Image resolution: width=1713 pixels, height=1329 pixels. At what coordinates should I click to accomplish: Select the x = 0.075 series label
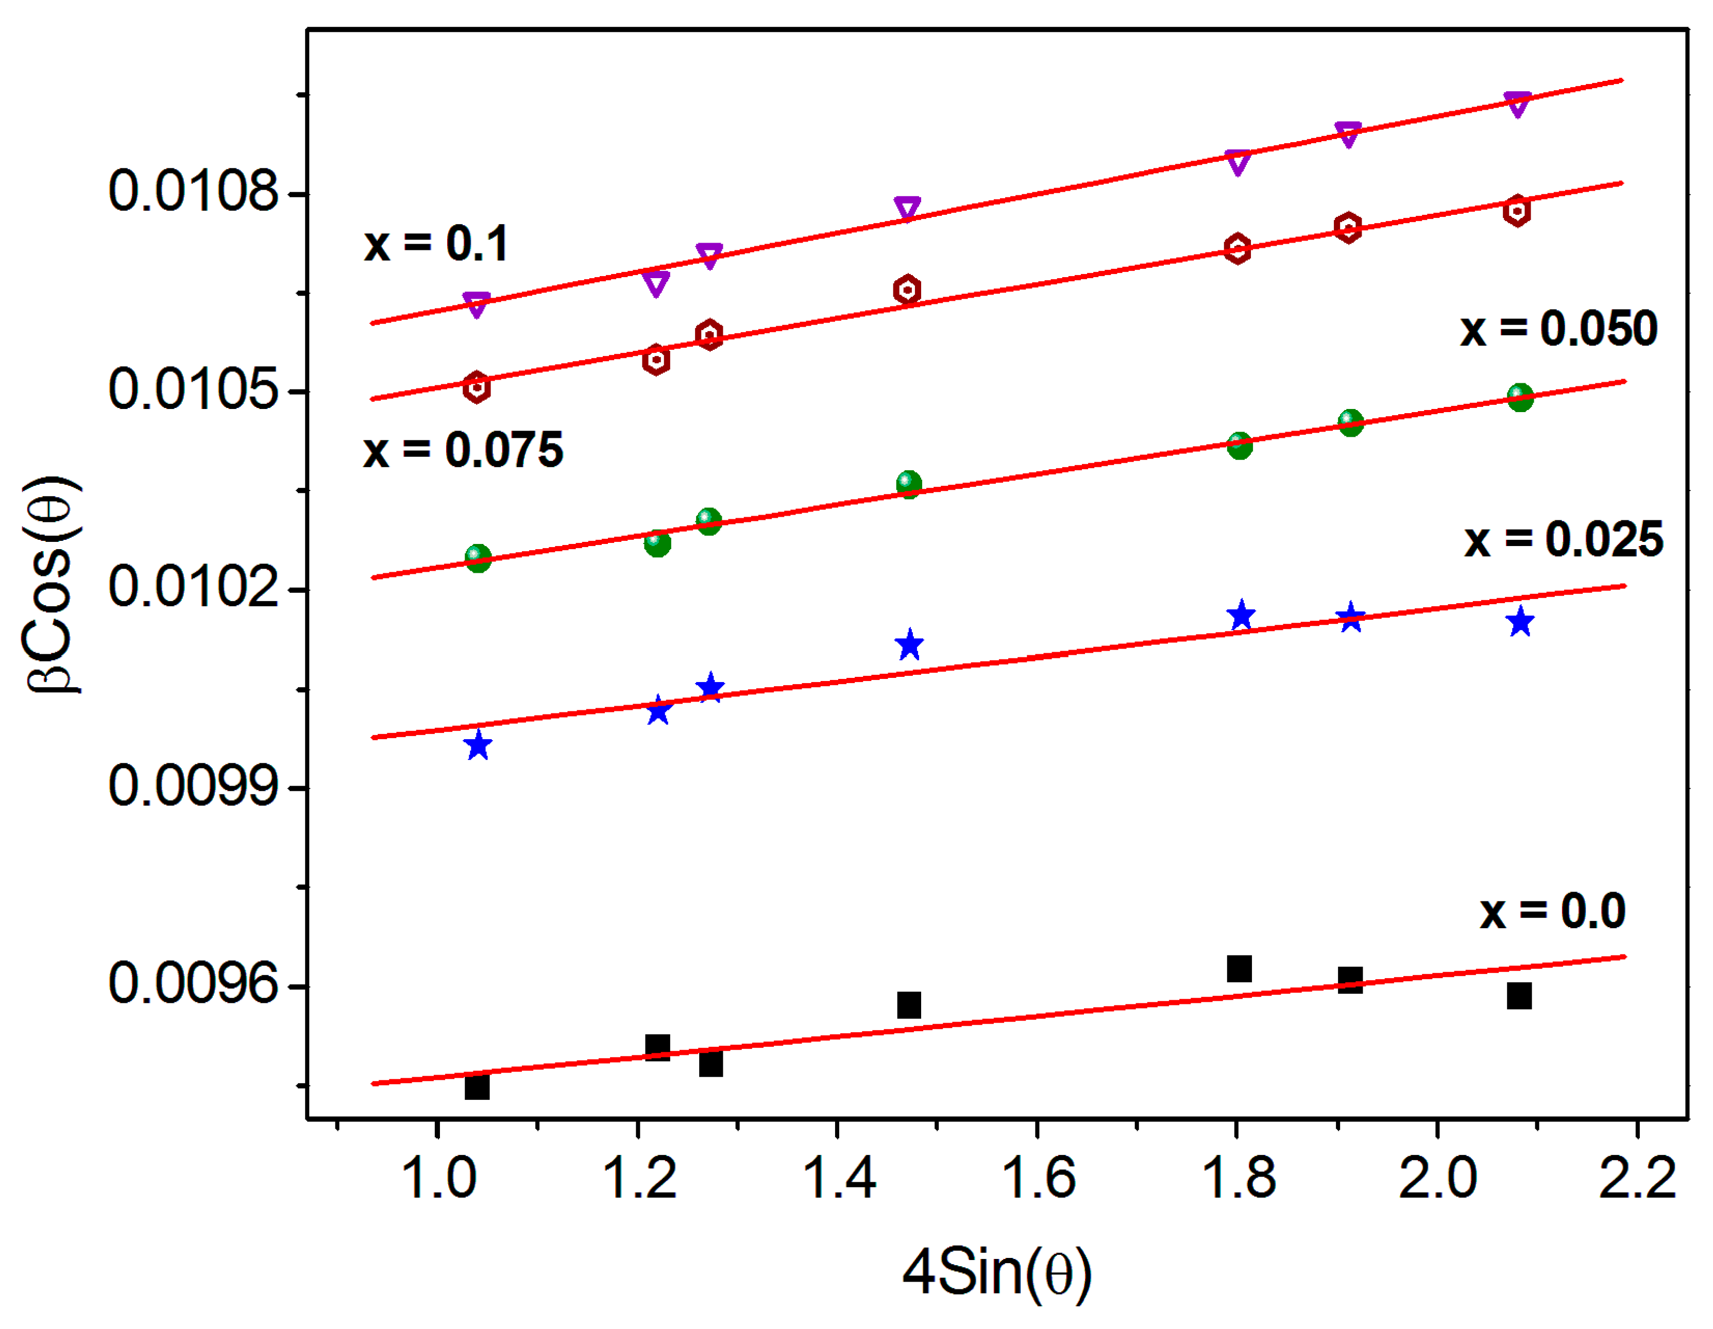point(463,451)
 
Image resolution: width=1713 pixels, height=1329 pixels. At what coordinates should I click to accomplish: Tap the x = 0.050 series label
point(1558,329)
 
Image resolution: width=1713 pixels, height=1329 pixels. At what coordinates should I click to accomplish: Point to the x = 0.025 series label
point(1563,540)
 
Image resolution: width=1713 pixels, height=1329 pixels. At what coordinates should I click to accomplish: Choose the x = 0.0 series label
point(1552,912)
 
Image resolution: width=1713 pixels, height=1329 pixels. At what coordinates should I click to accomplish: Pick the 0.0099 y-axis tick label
point(193,787)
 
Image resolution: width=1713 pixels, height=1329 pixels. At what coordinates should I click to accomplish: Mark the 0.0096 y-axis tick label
point(193,984)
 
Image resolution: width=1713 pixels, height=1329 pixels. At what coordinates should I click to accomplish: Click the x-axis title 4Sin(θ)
point(996,1273)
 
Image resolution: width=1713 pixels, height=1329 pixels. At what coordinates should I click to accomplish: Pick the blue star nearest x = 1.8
point(1241,616)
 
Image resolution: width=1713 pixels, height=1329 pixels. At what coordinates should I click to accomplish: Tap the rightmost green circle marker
point(1520,398)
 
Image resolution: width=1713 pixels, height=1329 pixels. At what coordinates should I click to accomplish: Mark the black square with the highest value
point(1239,969)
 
